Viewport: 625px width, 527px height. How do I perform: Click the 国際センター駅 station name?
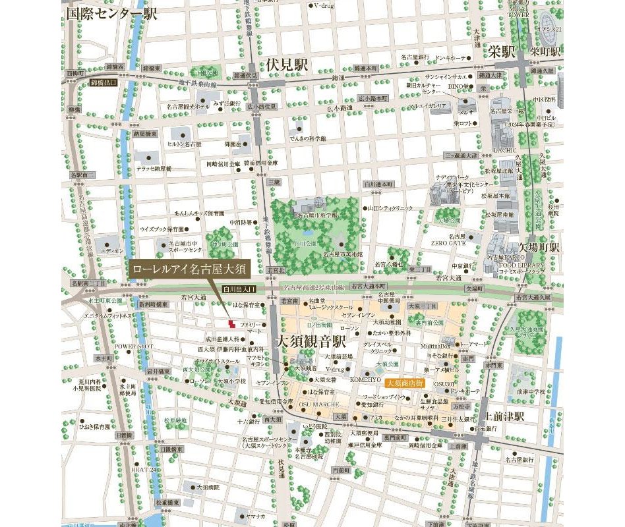(x=111, y=13)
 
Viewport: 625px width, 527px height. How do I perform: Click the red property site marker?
(x=231, y=323)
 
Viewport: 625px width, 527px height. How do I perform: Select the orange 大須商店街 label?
(x=405, y=382)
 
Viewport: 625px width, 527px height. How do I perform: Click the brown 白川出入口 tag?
(x=239, y=289)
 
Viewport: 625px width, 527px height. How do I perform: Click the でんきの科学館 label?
(x=307, y=138)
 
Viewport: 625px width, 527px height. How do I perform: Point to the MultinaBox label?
(x=436, y=345)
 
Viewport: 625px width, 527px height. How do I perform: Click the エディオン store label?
(x=113, y=251)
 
